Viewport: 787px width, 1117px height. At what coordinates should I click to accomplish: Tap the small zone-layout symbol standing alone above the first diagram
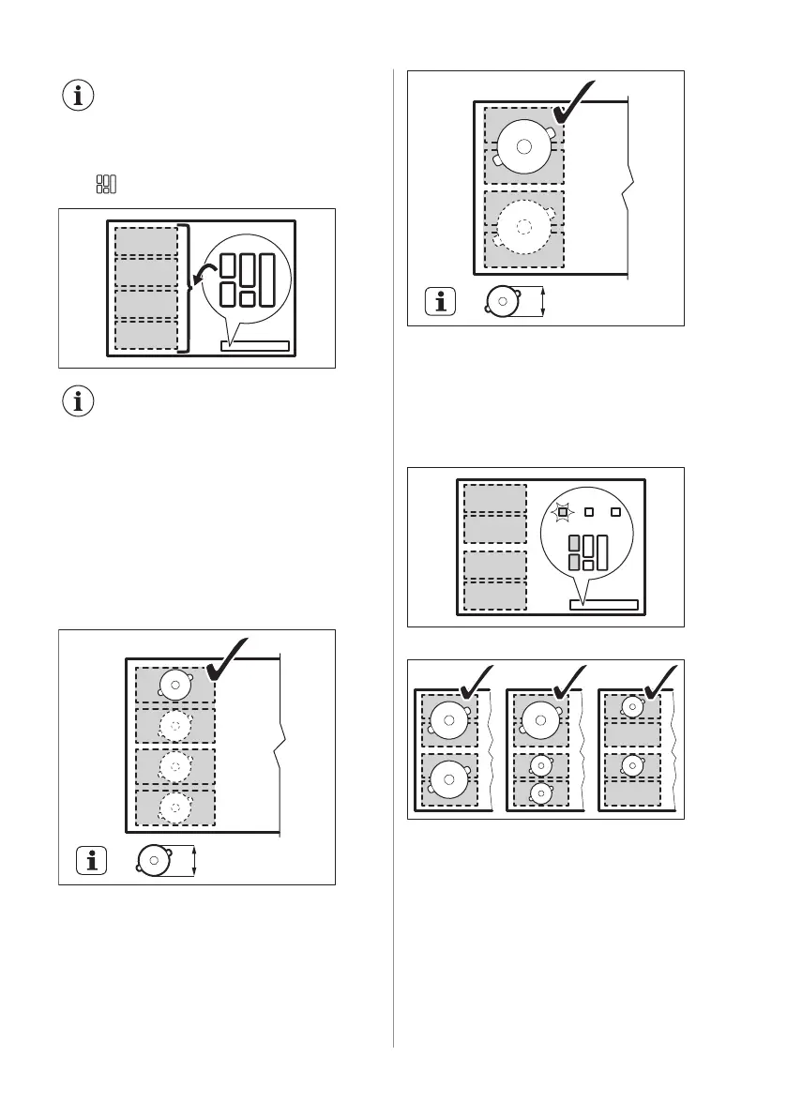(106, 184)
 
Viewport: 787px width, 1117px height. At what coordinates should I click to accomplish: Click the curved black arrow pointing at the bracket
(204, 273)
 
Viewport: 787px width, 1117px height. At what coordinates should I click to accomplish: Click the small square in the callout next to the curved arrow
(248, 298)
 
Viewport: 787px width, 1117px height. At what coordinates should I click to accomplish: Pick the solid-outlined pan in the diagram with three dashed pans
(175, 685)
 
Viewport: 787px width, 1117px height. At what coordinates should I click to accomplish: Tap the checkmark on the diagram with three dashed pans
(228, 661)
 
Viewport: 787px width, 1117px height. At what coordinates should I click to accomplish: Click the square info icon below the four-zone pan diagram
(91, 861)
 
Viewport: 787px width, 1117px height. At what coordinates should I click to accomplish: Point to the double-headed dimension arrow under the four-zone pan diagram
(194, 861)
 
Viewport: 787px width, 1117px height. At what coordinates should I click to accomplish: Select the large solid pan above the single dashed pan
(523, 145)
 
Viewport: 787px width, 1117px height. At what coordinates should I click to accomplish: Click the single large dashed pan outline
(523, 226)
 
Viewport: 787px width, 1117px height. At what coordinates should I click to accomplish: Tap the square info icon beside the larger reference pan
(440, 302)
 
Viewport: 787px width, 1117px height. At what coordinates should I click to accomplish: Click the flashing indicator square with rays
(562, 512)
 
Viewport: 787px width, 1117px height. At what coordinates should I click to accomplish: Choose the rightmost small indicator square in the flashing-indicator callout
(616, 512)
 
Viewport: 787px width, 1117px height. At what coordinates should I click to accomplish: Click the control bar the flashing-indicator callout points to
(604, 604)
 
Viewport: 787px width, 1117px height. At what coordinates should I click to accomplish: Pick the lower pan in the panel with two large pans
(448, 778)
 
